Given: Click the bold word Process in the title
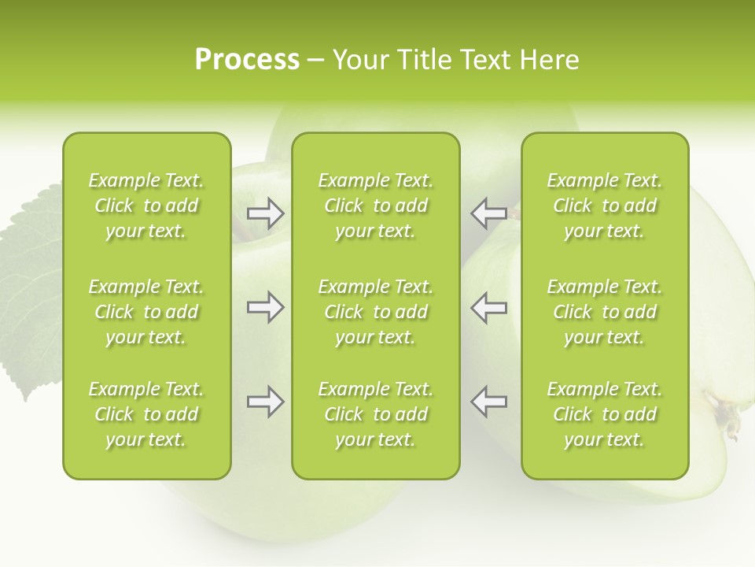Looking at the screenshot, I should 247,60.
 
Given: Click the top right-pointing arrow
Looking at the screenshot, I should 266,213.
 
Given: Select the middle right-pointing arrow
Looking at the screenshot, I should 266,306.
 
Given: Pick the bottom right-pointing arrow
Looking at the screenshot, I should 266,402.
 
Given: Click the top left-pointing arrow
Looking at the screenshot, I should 488,213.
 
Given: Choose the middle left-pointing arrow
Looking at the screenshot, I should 488,306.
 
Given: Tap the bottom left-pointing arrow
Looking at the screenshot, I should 488,402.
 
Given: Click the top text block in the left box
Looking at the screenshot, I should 146,206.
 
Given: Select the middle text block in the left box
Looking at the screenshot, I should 146,312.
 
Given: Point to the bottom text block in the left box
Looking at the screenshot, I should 146,414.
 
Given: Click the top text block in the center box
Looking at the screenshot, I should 375,206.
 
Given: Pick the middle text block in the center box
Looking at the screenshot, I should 375,312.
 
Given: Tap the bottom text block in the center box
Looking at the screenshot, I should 375,414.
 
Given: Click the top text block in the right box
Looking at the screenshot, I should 604,206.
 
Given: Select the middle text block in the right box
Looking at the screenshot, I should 604,312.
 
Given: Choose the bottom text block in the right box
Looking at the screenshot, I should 604,414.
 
